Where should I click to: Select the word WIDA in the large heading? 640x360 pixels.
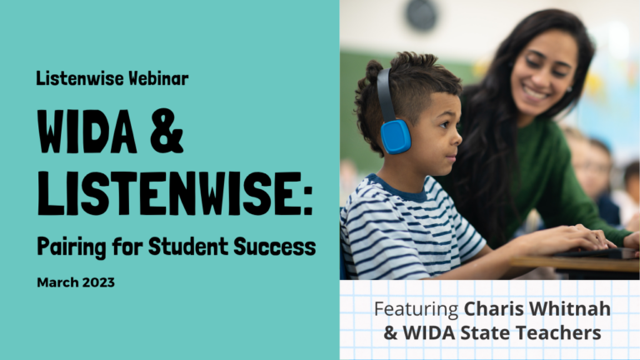[x=87, y=131]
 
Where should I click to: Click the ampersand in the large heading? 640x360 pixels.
[x=167, y=131]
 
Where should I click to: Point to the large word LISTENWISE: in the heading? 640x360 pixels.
[x=175, y=193]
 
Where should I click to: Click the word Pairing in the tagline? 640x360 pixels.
[x=72, y=247]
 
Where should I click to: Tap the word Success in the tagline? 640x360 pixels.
[x=275, y=247]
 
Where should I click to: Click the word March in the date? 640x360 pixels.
[x=57, y=282]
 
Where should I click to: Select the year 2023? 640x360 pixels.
[x=98, y=282]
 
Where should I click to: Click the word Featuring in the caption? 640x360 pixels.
[x=417, y=310]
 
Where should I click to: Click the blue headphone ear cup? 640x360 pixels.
[x=395, y=137]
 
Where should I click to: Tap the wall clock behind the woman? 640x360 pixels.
[x=422, y=16]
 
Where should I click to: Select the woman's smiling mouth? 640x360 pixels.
[x=535, y=94]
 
